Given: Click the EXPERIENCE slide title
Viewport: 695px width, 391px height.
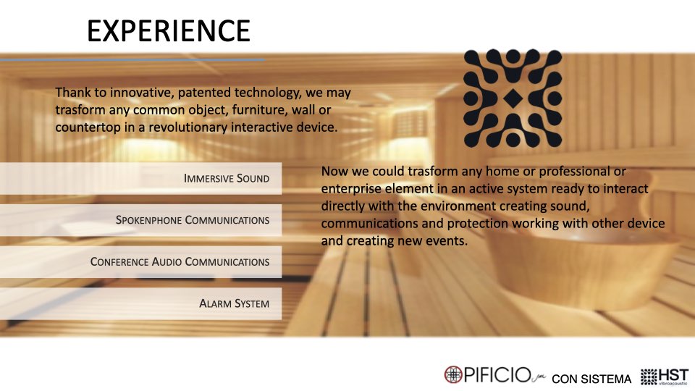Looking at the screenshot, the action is (169, 30).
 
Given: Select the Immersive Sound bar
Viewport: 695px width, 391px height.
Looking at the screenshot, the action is (140, 178).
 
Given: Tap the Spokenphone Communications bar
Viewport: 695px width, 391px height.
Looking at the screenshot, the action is (140, 220).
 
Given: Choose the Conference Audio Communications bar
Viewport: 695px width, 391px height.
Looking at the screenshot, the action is (140, 261).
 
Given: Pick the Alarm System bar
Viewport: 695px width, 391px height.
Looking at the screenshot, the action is (140, 303).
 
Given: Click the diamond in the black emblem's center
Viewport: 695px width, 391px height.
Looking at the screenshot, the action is (513, 98).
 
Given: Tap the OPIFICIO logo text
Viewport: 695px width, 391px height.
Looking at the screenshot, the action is (497, 375).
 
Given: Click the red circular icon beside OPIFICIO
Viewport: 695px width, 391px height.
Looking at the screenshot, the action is (453, 374).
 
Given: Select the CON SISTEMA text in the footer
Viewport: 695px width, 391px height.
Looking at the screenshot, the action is (591, 379).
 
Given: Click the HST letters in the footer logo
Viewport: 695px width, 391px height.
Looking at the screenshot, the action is (674, 374).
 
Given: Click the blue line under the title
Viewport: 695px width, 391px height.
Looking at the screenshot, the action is (132, 59).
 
